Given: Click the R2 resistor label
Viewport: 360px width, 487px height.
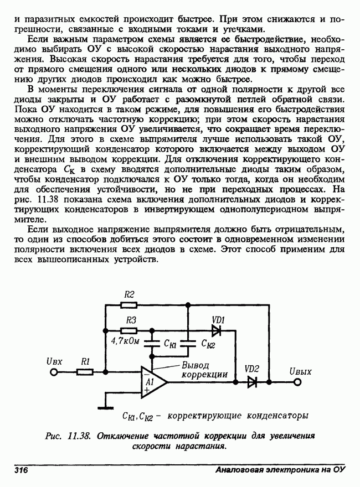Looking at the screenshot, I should pyautogui.click(x=129, y=295).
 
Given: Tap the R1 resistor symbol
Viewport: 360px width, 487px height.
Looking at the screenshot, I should pyautogui.click(x=85, y=372).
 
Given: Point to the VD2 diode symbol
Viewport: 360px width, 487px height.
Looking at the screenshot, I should pyautogui.click(x=252, y=382).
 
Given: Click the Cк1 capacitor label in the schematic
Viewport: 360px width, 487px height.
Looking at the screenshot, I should pyautogui.click(x=170, y=344).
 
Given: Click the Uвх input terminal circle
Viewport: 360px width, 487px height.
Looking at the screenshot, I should pyautogui.click(x=54, y=372).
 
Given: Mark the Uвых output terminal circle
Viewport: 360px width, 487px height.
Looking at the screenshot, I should pyautogui.click(x=291, y=382).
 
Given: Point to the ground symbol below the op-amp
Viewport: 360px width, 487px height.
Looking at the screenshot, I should pyautogui.click(x=105, y=408).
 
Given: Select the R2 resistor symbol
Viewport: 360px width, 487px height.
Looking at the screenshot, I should pyautogui.click(x=130, y=304).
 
